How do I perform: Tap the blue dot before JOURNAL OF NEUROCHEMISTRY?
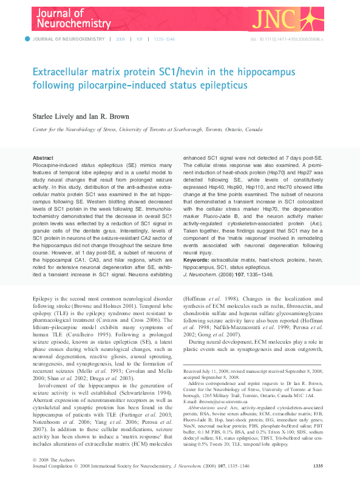pos(27,39)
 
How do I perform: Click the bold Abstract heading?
pos(42,158)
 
